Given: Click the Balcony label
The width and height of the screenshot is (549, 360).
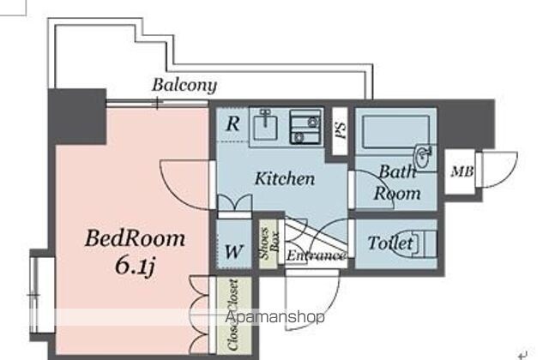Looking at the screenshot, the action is point(184,86).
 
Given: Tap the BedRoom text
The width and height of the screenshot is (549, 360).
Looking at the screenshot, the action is point(136,238).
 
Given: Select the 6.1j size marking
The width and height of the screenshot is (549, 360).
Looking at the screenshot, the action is point(136,267).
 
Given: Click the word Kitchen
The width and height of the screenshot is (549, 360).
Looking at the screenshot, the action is point(284,178).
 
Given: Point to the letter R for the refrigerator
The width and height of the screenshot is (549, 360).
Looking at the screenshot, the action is point(232,123).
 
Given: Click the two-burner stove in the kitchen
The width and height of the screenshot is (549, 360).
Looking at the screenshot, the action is point(305,127).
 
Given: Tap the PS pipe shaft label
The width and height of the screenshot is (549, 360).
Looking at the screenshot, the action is point(341,130).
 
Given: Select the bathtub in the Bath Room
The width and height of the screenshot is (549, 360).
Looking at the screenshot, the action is point(396,131).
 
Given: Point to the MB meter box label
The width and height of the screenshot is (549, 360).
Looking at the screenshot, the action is point(462,171).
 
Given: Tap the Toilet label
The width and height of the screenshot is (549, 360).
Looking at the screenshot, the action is point(390,243).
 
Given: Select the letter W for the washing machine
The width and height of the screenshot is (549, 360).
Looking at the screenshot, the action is point(234,251).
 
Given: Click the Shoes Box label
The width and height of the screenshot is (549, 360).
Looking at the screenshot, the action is point(269,243).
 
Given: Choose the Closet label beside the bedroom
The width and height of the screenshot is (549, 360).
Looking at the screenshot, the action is point(233,315).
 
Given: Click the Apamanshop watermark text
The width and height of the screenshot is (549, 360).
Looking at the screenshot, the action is point(274,317).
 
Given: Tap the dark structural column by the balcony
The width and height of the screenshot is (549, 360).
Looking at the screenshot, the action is point(77,117).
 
